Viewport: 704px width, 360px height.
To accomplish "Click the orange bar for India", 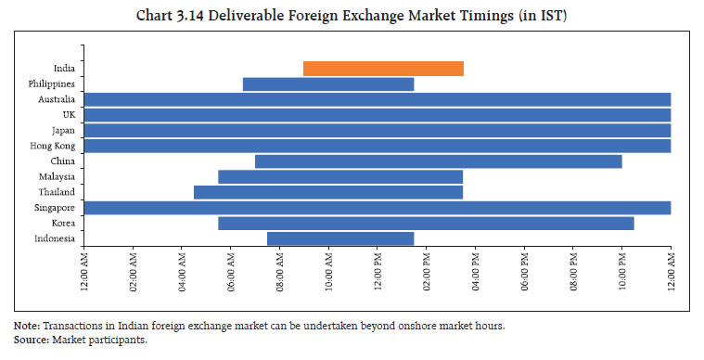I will [x=383, y=69].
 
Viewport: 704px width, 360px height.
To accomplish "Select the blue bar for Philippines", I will [x=328, y=84].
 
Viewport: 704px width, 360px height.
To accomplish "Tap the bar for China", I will [x=438, y=161].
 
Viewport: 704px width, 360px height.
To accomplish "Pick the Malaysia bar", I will [x=340, y=176].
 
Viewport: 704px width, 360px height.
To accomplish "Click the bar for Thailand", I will [x=328, y=192].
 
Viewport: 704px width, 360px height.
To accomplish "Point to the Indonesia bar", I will [x=340, y=238].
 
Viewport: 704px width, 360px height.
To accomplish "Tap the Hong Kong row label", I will [x=55, y=146].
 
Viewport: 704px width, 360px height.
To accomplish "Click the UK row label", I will [x=69, y=115].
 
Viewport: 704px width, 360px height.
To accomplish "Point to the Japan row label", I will [x=63, y=130].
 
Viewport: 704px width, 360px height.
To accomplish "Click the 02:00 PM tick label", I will [x=427, y=273].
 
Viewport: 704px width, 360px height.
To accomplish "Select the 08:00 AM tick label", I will [x=280, y=273].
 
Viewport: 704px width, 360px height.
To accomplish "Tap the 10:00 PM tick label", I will [x=622, y=273].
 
